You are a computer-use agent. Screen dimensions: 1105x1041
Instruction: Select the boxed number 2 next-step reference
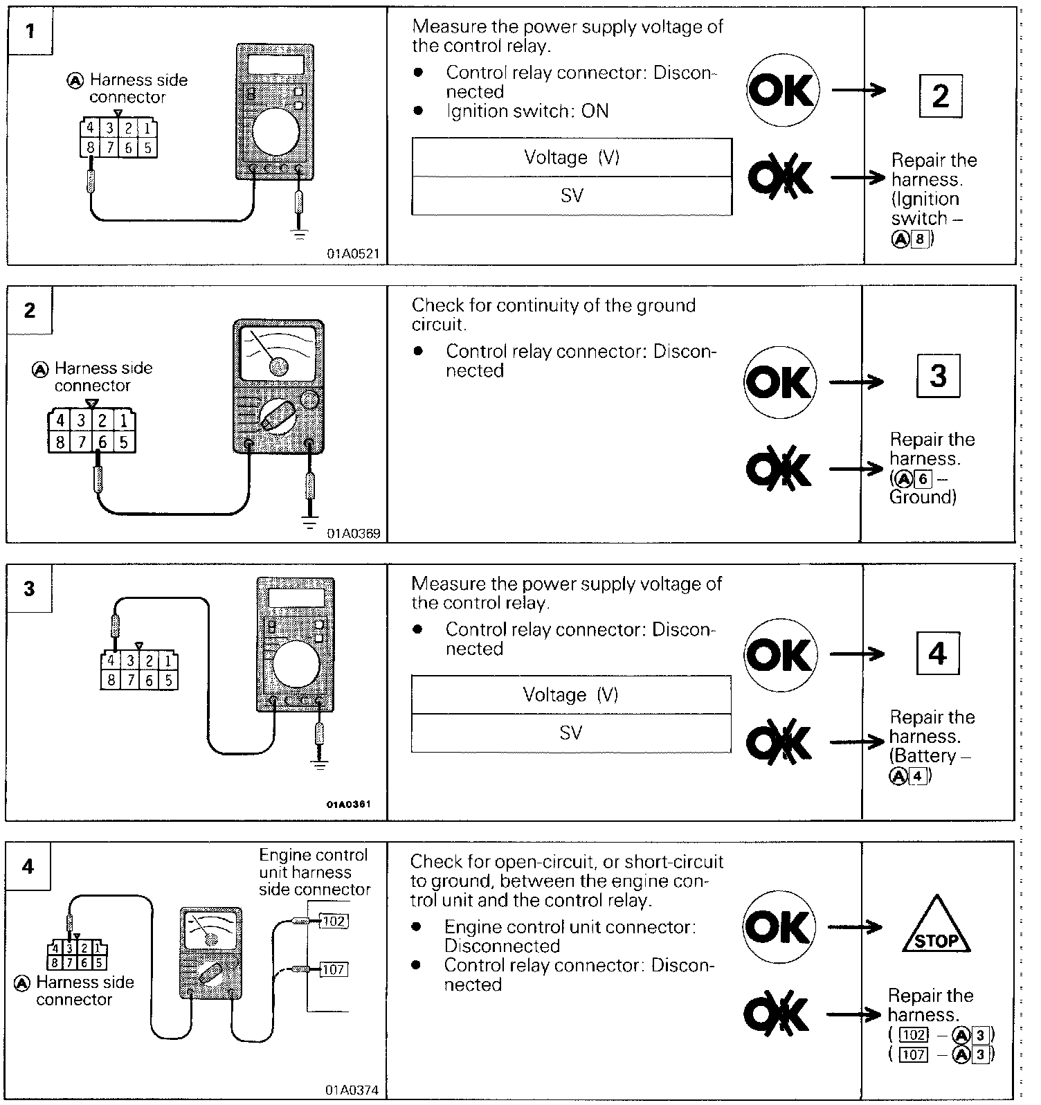click(x=940, y=96)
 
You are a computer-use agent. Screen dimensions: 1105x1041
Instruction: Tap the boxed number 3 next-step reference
click(x=938, y=375)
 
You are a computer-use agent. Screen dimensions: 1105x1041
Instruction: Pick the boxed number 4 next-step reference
click(x=937, y=653)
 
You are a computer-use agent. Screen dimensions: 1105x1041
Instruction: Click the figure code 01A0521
click(x=353, y=253)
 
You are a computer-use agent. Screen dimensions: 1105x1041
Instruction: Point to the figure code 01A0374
click(x=353, y=1090)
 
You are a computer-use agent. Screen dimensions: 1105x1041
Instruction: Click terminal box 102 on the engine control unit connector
click(x=334, y=921)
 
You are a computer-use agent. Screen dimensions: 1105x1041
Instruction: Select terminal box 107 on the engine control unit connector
click(x=334, y=969)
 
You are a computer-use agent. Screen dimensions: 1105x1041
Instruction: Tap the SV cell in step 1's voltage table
click(x=572, y=196)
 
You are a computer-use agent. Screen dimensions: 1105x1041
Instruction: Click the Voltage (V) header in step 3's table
click(x=571, y=694)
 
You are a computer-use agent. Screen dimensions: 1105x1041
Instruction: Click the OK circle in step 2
click(x=780, y=382)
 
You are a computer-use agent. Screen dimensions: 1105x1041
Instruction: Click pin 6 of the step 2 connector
click(x=103, y=442)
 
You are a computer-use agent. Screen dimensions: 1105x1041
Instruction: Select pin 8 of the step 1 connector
click(x=90, y=147)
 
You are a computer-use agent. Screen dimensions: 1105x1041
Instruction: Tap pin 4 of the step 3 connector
click(x=111, y=661)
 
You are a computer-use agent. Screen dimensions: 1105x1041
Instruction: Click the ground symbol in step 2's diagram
click(x=311, y=521)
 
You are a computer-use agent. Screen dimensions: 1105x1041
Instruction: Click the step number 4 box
click(x=28, y=866)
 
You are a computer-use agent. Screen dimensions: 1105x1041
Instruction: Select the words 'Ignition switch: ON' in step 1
click(x=527, y=111)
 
